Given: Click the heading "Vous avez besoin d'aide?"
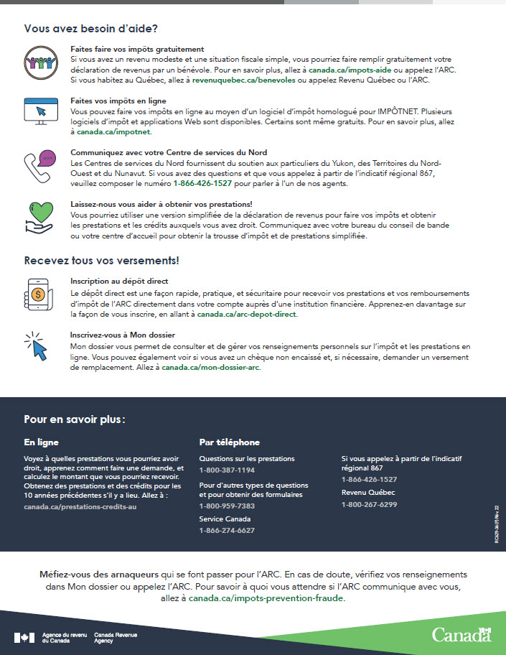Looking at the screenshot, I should click(90, 29).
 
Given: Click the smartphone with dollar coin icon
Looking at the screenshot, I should click(39, 291).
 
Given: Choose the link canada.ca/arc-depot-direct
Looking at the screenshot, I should click(247, 315).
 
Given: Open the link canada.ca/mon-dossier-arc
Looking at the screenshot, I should click(211, 368).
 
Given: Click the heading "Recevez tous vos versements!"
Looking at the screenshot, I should click(101, 260).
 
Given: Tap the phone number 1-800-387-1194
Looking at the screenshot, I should click(227, 470).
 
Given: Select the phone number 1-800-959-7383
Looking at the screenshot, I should click(227, 506).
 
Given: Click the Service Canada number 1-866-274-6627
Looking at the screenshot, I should click(227, 531).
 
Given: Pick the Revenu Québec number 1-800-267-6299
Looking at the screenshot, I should click(369, 505).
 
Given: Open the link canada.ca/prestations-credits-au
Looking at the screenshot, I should click(80, 506).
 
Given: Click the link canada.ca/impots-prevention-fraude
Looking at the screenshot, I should click(266, 598).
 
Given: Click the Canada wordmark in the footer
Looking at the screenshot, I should click(461, 635).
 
